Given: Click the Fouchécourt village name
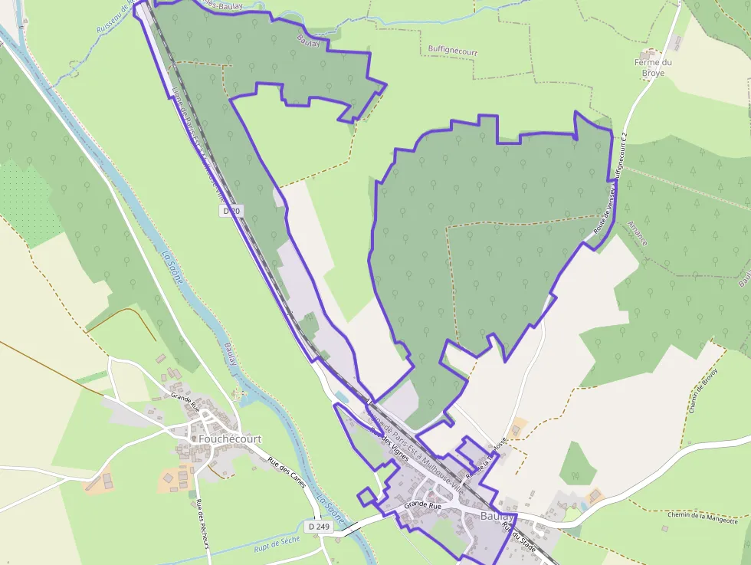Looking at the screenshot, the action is click(x=230, y=439).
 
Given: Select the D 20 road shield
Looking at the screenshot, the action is click(x=230, y=210).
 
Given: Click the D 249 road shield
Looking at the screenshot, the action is click(x=320, y=527).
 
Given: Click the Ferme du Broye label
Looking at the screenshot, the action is click(x=653, y=67).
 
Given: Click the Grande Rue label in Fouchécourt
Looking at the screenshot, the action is click(x=185, y=399).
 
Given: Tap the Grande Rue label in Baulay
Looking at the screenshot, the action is click(x=423, y=505).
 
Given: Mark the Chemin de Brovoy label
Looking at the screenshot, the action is click(x=703, y=390).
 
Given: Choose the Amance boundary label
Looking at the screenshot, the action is click(x=638, y=232).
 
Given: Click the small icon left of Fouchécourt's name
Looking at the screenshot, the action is click(x=194, y=439).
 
